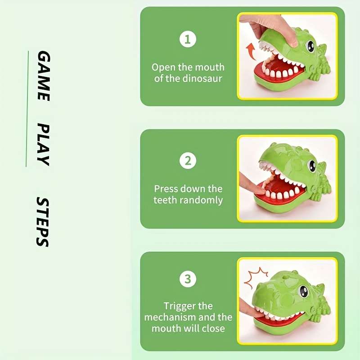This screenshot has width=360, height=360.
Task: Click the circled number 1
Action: tap(188, 40)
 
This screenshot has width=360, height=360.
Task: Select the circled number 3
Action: tap(188, 279)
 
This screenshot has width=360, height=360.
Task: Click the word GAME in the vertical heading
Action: tap(43, 76)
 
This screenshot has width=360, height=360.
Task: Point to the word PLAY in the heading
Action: tap(43, 144)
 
